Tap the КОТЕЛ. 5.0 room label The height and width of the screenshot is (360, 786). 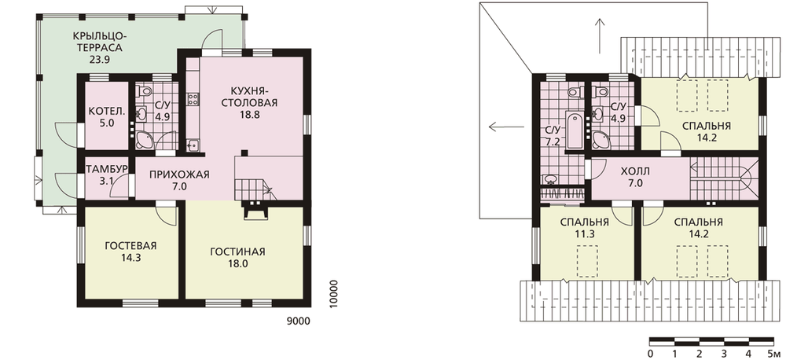[x=105, y=116]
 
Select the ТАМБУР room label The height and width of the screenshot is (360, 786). [x=106, y=167]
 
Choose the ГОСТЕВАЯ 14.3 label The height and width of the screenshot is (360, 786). [x=130, y=252]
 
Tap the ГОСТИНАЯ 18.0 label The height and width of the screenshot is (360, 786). [x=237, y=257]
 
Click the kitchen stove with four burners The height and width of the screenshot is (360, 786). [x=193, y=100]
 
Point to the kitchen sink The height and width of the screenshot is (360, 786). [x=193, y=146]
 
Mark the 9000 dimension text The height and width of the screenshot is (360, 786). [x=298, y=321]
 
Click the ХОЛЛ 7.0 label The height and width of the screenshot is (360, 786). [x=637, y=178]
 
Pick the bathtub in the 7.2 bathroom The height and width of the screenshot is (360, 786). [x=575, y=131]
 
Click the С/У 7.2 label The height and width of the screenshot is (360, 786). [x=553, y=135]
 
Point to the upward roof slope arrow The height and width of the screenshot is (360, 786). [x=599, y=36]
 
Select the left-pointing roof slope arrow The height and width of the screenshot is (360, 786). [x=507, y=127]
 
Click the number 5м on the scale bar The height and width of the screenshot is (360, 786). [x=773, y=352]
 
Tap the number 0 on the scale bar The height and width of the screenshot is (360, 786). [x=650, y=352]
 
